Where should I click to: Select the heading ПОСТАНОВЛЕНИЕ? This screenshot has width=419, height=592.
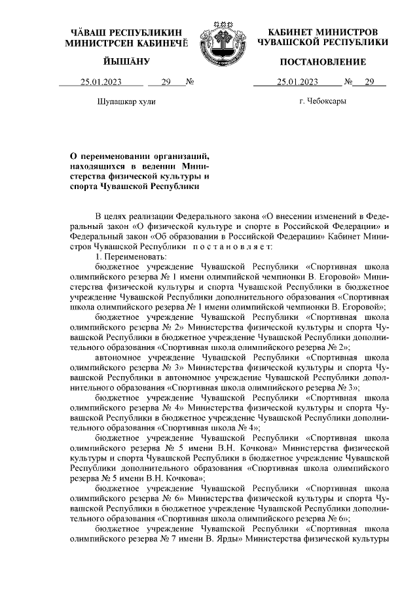point(323,61)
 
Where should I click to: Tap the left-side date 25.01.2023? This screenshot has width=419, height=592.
point(101,82)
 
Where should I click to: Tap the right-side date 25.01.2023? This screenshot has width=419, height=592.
point(297,82)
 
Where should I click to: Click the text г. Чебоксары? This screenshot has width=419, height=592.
point(322,101)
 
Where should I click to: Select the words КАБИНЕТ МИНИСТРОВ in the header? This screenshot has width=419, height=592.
point(323,32)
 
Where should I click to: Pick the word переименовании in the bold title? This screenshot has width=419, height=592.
point(120,156)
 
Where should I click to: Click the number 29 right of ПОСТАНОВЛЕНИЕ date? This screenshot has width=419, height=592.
point(370,82)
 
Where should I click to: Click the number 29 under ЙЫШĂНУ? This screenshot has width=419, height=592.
point(166,82)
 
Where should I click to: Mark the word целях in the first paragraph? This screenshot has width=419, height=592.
point(116,215)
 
